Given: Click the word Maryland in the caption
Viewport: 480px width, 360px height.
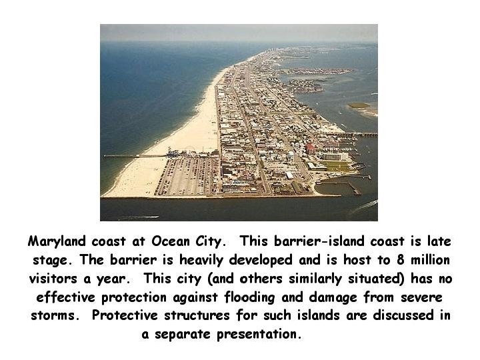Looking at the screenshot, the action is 57,242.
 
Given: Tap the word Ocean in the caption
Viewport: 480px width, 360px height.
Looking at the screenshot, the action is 171,241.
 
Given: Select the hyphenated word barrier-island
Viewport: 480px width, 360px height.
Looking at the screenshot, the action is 319,241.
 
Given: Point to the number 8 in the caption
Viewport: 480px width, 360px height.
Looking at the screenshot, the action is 401,260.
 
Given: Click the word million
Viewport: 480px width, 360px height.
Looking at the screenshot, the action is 430,260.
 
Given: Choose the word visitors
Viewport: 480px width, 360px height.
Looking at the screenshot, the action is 53,279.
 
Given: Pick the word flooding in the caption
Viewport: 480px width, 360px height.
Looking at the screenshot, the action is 249,297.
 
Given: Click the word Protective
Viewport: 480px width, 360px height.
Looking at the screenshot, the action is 125,315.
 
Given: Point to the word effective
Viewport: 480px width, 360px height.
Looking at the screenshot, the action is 66,297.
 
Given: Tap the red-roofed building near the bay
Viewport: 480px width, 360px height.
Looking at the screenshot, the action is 310,149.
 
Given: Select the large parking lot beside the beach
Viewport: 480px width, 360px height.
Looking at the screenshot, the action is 187,176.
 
